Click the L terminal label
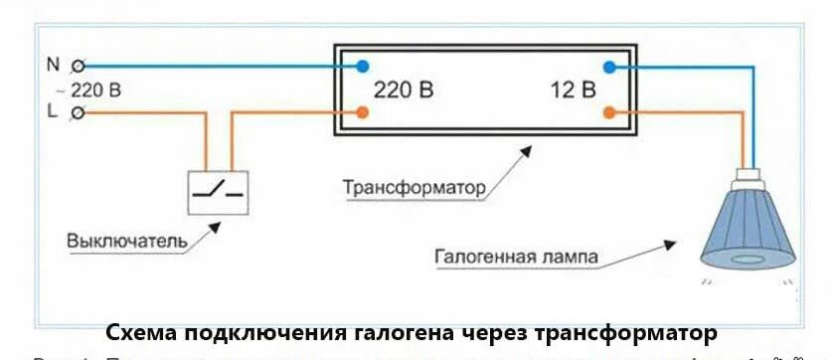click(52, 112)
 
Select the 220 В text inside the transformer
click(404, 90)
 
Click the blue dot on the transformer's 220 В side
click(363, 67)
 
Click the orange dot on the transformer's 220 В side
click(363, 112)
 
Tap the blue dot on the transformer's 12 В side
click(608, 67)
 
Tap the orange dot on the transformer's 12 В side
click(608, 112)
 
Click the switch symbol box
click(219, 192)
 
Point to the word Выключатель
click(127, 241)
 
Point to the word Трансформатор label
click(414, 187)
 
